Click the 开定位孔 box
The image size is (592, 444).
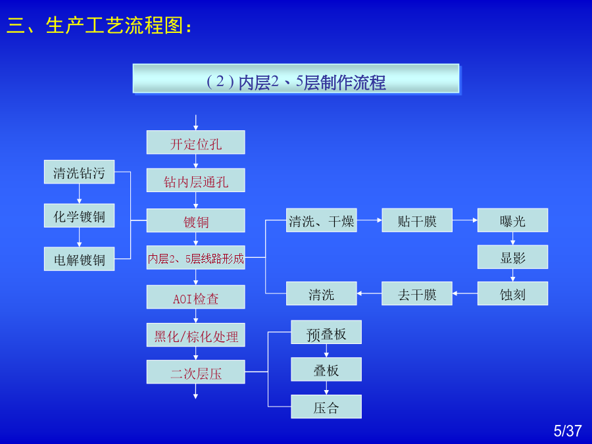pyautogui.click(x=195, y=142)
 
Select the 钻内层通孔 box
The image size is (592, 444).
pyautogui.click(x=195, y=180)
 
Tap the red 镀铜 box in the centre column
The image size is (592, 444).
pyautogui.click(x=195, y=220)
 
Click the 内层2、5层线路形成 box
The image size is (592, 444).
pyautogui.click(x=195, y=257)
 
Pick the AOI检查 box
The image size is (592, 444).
pyautogui.click(x=195, y=297)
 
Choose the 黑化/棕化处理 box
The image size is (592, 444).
pyautogui.click(x=195, y=335)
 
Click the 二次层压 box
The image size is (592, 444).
pyautogui.click(x=195, y=372)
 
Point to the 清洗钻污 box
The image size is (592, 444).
pyautogui.click(x=80, y=172)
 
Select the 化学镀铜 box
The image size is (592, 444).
pyautogui.click(x=80, y=216)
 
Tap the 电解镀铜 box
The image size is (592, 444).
pyautogui.click(x=80, y=259)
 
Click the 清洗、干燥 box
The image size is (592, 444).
pyautogui.click(x=321, y=220)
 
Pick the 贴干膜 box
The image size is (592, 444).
pyautogui.click(x=417, y=220)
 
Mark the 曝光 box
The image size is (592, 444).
pyautogui.click(x=512, y=220)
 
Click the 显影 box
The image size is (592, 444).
pyautogui.click(x=512, y=257)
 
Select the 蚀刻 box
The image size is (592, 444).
pyautogui.click(x=512, y=293)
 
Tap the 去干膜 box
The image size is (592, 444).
pyautogui.click(x=417, y=293)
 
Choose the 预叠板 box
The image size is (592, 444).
pyautogui.click(x=326, y=332)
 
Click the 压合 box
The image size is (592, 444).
pyautogui.click(x=326, y=407)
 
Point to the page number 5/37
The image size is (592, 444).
pyautogui.click(x=568, y=431)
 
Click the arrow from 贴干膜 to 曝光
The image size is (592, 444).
pyautogui.click(x=465, y=220)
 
